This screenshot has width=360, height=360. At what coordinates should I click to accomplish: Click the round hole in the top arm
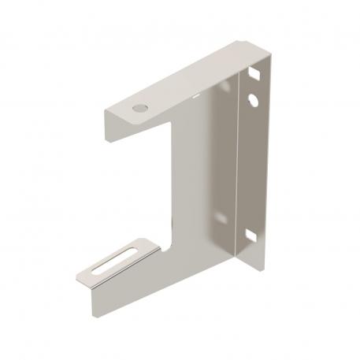click(x=140, y=105)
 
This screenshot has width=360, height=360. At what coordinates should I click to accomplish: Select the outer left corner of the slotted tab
click(x=79, y=276)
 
